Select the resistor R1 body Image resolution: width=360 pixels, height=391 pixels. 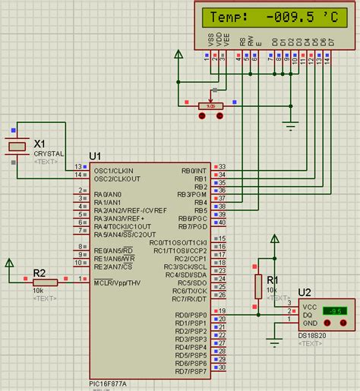(258, 288)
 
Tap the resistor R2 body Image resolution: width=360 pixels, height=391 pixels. (45, 282)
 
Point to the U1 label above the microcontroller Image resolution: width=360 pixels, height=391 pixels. (95, 156)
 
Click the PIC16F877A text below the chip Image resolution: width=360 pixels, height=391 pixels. (109, 384)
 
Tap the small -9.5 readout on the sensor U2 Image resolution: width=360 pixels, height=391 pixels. (335, 311)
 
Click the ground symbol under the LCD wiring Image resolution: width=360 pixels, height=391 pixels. (289, 123)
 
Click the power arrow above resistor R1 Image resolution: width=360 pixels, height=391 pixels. (272, 240)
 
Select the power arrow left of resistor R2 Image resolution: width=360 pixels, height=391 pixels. (9, 263)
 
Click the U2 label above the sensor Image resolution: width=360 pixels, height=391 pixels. (305, 292)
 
